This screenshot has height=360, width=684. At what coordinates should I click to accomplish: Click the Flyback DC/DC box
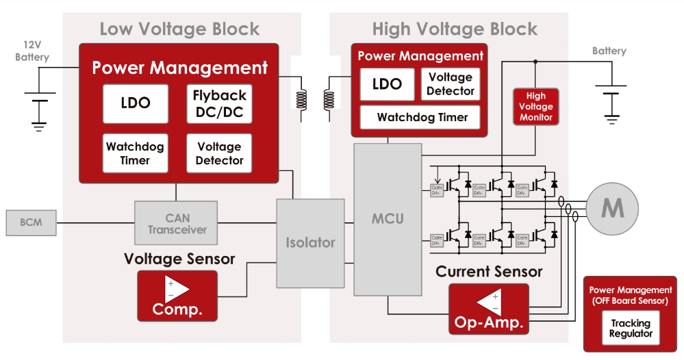(x=219, y=103)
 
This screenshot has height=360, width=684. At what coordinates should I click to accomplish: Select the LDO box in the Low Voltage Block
(x=135, y=103)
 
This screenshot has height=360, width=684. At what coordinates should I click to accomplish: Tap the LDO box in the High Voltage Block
(x=387, y=85)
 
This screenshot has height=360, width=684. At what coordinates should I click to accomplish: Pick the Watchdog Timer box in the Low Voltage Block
(x=135, y=153)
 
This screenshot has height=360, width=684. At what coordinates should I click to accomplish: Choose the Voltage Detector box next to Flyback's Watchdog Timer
(x=219, y=153)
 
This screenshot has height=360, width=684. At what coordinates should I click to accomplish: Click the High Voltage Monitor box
(x=535, y=107)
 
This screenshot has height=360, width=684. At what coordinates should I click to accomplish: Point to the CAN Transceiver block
(x=177, y=223)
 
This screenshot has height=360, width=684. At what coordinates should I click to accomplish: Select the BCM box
(x=30, y=223)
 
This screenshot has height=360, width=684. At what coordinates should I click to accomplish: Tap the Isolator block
(x=310, y=242)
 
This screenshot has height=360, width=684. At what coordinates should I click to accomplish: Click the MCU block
(x=387, y=219)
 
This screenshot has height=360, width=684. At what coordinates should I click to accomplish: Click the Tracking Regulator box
(x=631, y=328)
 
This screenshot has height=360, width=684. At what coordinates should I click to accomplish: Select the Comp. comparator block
(x=177, y=296)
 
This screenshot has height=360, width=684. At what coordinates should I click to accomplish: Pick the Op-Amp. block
(x=489, y=309)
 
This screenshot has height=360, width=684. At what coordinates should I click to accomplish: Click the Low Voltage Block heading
(x=179, y=29)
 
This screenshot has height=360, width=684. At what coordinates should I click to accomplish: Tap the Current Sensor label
(x=489, y=272)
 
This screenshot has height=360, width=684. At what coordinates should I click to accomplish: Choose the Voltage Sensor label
(x=179, y=259)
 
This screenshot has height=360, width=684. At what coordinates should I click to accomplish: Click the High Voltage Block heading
(x=455, y=29)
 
